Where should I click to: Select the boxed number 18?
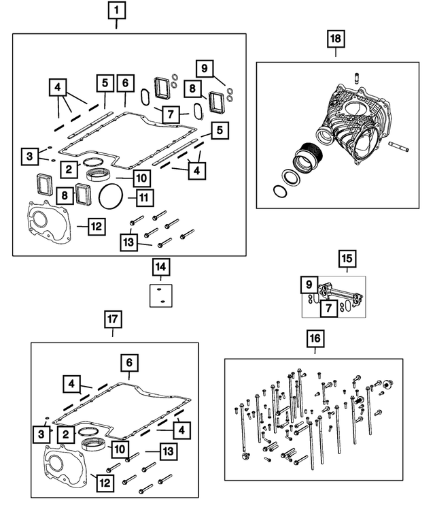click(x=335, y=39)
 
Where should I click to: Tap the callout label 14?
click(x=161, y=267)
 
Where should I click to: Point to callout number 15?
click(x=347, y=259)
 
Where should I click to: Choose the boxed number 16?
click(x=315, y=337)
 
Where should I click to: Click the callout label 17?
click(x=113, y=318)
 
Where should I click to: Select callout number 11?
click(x=143, y=198)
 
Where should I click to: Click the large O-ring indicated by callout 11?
click(x=113, y=198)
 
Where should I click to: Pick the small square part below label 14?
click(x=161, y=295)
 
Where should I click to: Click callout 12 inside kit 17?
click(x=103, y=483)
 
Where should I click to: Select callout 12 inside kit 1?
click(x=97, y=226)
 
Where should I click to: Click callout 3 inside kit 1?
click(x=29, y=157)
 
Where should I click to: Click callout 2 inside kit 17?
click(x=66, y=434)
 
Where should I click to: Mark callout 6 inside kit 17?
click(x=129, y=362)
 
